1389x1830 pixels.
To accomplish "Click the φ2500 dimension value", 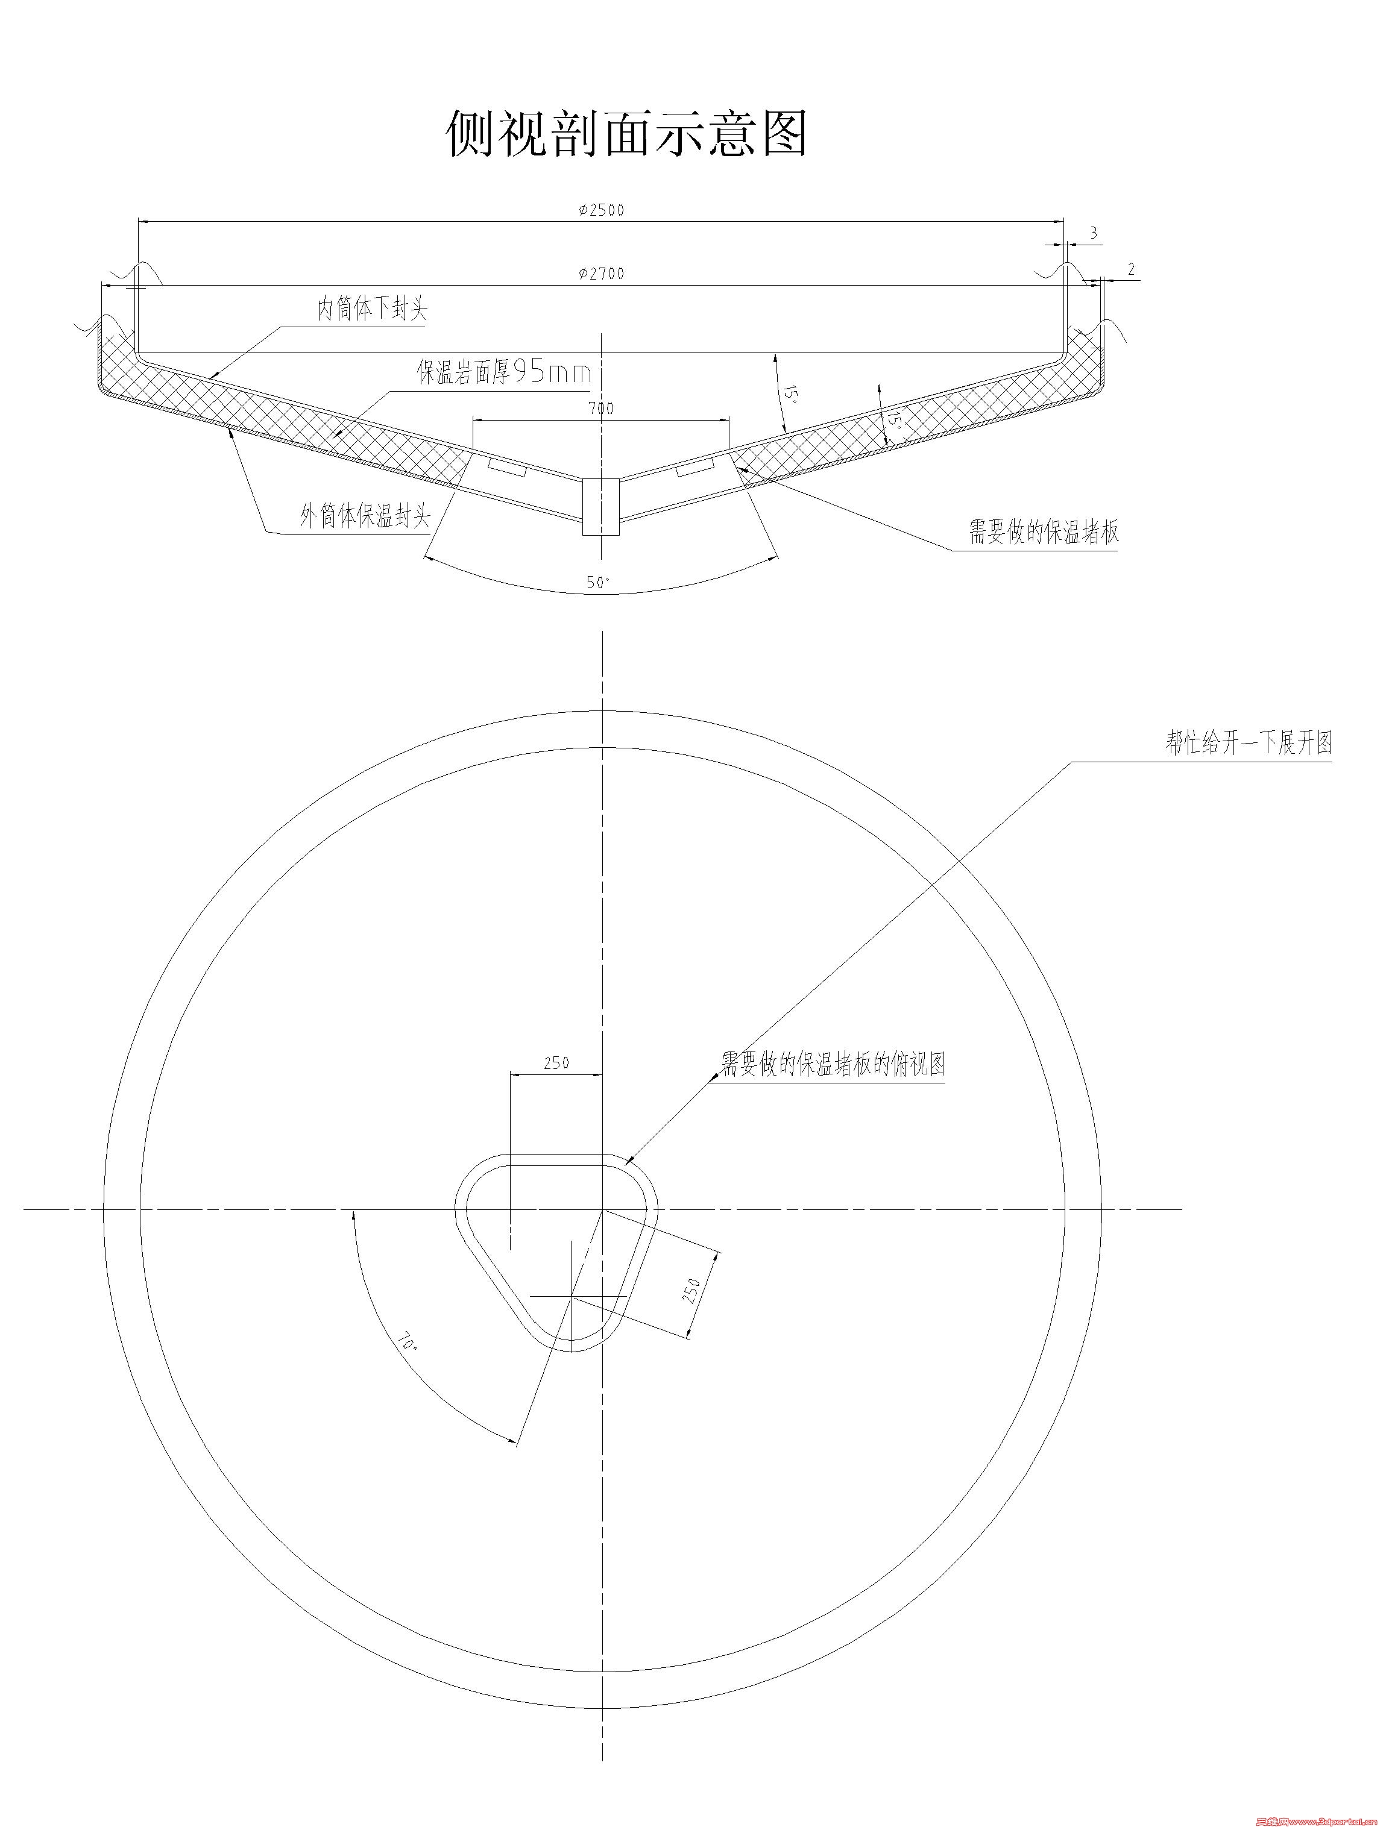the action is [602, 210].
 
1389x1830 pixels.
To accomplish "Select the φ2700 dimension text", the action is [602, 273].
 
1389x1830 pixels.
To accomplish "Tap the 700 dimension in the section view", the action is [601, 408].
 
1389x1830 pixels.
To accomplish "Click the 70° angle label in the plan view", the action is [408, 1340].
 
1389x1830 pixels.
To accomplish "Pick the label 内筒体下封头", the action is [373, 310].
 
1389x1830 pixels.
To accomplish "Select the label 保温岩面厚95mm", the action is [503, 372].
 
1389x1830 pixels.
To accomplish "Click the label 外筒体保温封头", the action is [365, 517].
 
